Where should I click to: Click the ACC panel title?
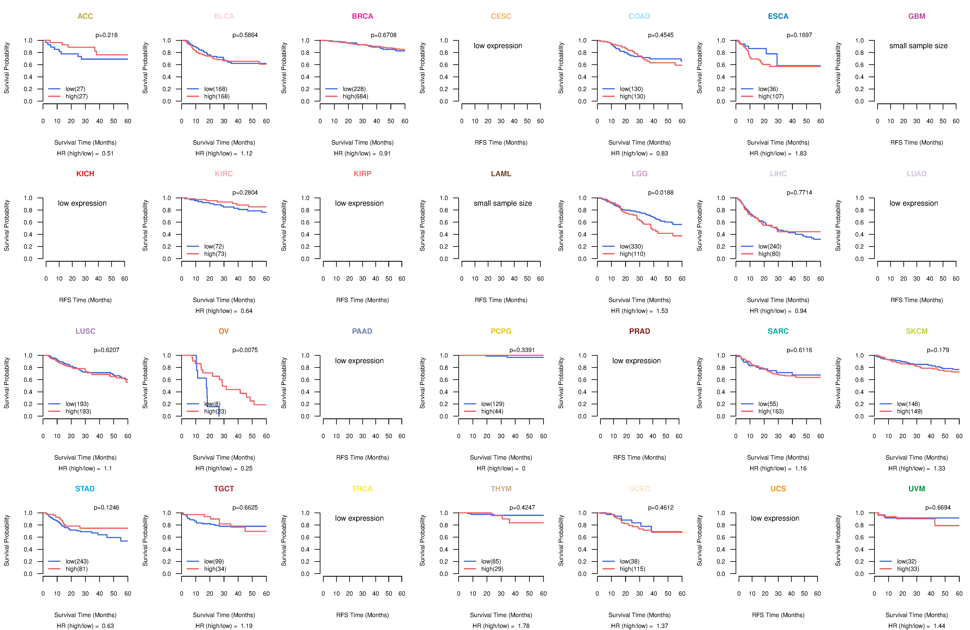click(x=85, y=16)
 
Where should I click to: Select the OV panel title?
click(x=224, y=331)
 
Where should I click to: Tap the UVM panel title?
click(x=917, y=489)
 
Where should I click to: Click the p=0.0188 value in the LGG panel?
click(x=661, y=193)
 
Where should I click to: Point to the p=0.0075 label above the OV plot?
click(x=245, y=350)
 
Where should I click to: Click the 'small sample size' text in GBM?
click(x=918, y=46)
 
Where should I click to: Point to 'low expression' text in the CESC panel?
click(x=498, y=46)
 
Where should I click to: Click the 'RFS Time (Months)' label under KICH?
click(x=85, y=300)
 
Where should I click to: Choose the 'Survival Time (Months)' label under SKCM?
click(x=917, y=458)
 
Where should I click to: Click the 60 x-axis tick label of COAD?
click(x=682, y=121)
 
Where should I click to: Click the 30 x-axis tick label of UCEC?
click(x=639, y=594)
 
